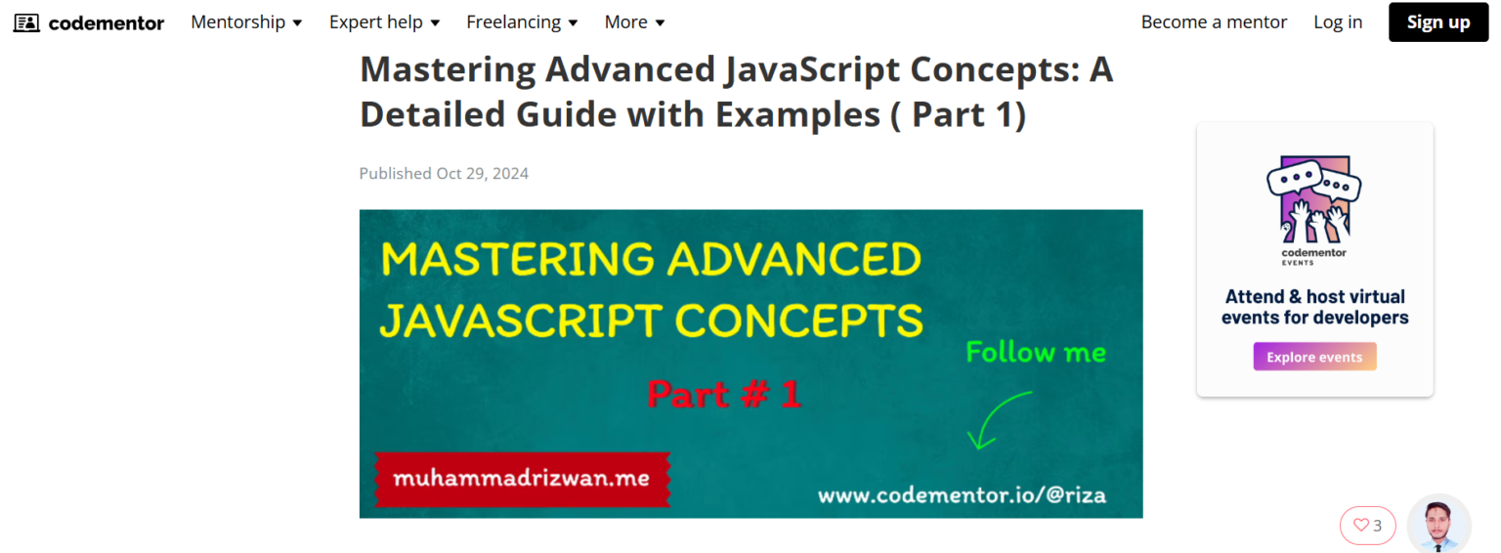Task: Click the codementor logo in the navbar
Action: (x=89, y=22)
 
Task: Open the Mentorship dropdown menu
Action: (x=246, y=22)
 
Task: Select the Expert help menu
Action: (x=384, y=22)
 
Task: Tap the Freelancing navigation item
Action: (x=522, y=22)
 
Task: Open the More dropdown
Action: (x=634, y=22)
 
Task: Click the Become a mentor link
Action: (x=1214, y=22)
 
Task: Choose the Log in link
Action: (x=1338, y=22)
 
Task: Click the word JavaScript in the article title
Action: (x=811, y=70)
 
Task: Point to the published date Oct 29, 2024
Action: (x=483, y=174)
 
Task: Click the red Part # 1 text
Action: (x=724, y=394)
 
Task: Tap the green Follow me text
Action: (x=1036, y=352)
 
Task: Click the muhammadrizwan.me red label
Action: (x=522, y=479)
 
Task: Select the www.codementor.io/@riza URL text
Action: (x=962, y=495)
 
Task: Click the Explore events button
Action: (x=1314, y=357)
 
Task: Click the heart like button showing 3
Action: (x=1368, y=526)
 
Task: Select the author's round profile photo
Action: (x=1438, y=525)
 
